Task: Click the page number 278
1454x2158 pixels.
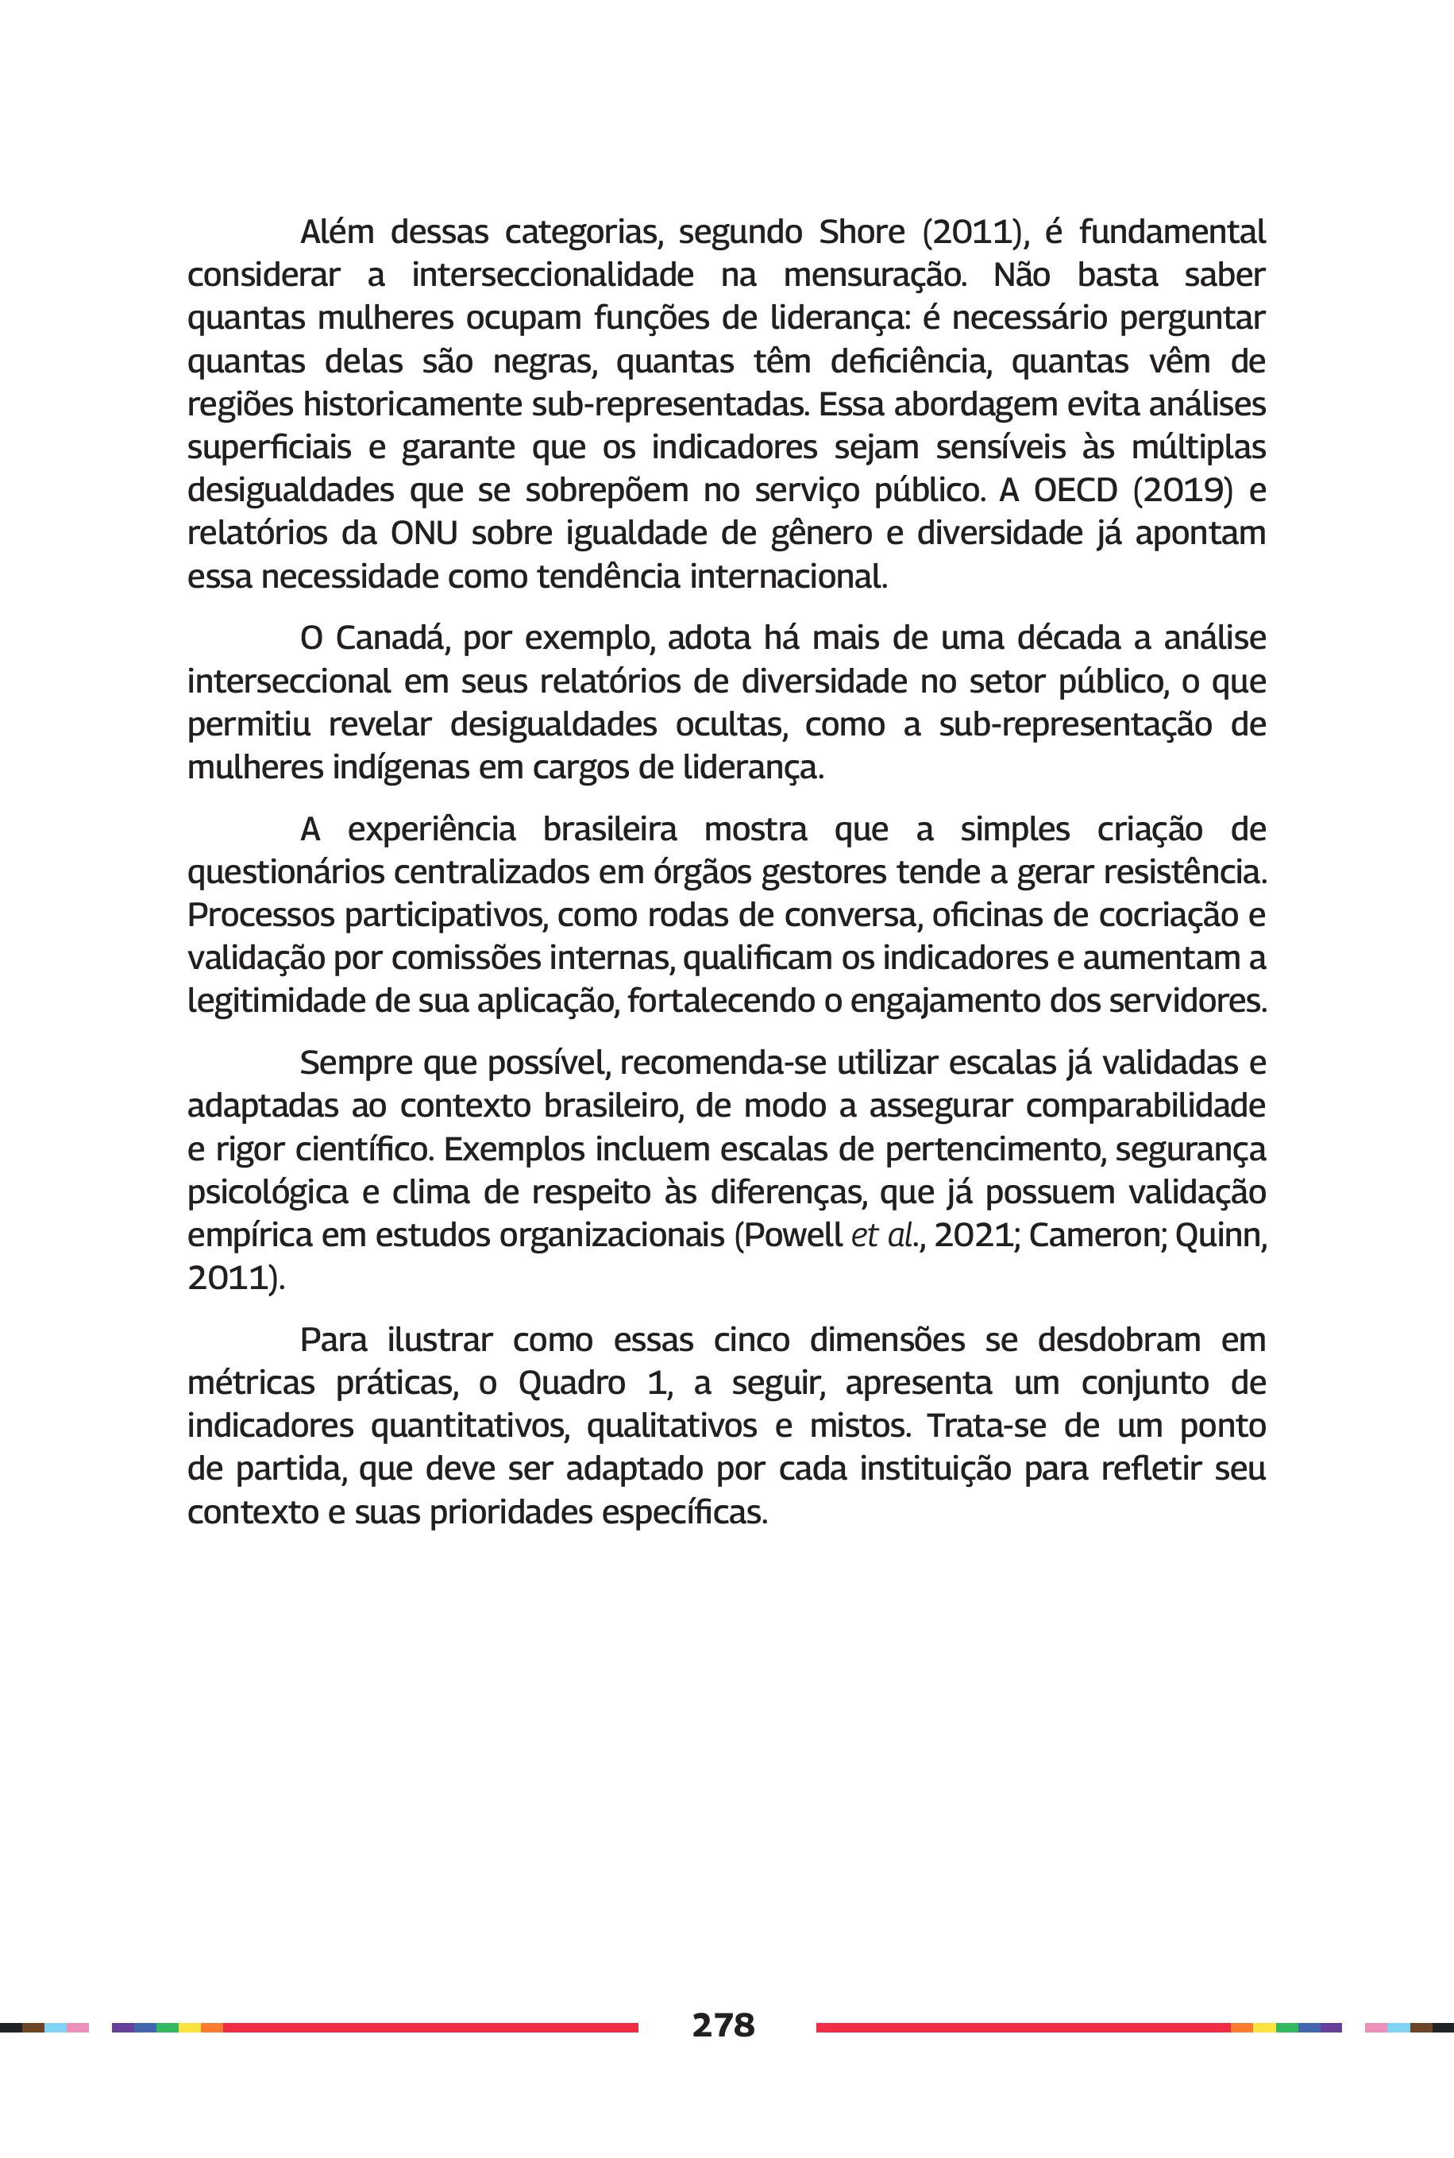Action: [723, 2025]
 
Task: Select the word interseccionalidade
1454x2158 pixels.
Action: [553, 276]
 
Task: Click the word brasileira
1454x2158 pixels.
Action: [609, 829]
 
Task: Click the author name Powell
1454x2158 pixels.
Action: [794, 1235]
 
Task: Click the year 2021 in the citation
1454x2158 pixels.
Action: [973, 1235]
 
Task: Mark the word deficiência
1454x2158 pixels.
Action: [911, 361]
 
